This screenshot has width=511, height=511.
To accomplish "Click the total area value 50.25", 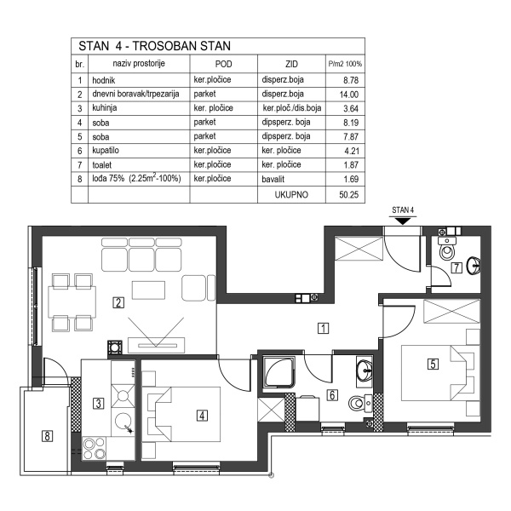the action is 348,195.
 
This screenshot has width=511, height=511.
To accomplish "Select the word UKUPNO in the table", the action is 291,195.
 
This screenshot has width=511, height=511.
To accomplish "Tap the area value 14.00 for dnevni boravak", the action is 349,95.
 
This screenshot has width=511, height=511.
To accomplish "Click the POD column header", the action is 223,64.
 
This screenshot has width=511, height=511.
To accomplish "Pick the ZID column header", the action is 291,64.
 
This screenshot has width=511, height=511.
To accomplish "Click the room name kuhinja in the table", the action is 105,108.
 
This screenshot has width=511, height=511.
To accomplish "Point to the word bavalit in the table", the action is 273,179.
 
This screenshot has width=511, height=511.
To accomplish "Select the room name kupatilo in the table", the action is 106,151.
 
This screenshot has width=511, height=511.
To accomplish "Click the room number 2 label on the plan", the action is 118,302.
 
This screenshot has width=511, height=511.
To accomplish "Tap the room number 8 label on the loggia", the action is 47,436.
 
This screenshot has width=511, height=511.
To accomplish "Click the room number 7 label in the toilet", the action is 456,268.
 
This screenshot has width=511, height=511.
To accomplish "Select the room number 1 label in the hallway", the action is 324,328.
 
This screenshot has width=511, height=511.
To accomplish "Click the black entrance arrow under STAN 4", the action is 403,221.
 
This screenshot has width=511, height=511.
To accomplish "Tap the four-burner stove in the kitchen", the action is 94,449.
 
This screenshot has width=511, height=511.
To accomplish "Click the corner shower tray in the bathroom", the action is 278,372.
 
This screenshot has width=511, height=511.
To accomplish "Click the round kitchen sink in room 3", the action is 123,421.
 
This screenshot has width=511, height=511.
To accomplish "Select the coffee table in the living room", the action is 148,290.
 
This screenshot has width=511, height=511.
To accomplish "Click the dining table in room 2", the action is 72,301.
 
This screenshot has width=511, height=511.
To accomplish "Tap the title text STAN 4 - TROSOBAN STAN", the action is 154,46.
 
